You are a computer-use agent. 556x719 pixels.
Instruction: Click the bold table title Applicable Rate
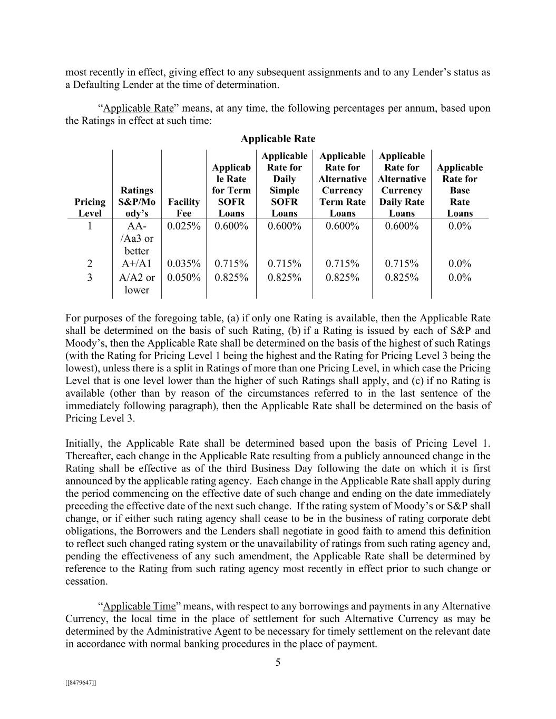click(278, 139)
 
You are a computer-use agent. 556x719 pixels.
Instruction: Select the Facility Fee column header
click(184, 208)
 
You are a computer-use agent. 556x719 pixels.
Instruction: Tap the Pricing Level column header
click(90, 208)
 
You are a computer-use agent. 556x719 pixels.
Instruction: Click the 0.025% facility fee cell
click(184, 226)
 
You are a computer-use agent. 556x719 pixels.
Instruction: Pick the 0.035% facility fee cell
click(184, 263)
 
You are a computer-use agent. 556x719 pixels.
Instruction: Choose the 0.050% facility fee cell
click(184, 277)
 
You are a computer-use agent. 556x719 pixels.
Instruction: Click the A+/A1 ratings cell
click(136, 263)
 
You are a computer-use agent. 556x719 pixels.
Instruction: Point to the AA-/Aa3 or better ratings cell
click(136, 239)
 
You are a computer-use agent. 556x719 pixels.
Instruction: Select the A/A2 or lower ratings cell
click(136, 283)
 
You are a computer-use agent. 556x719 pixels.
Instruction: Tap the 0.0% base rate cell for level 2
click(460, 263)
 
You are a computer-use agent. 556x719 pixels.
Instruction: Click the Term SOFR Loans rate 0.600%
click(231, 226)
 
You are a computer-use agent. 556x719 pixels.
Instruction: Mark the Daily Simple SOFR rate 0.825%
click(285, 277)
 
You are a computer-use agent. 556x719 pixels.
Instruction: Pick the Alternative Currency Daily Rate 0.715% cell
click(402, 263)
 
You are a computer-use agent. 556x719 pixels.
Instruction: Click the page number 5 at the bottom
click(278, 663)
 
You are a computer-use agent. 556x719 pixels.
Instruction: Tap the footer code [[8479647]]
click(81, 683)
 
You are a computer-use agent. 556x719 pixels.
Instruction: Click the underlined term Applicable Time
click(139, 606)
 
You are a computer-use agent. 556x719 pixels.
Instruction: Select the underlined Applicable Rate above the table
click(138, 109)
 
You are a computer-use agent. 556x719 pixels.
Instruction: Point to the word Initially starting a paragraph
click(84, 444)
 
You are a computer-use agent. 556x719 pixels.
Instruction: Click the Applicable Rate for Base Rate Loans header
click(460, 190)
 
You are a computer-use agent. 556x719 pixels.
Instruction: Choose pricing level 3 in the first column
click(90, 277)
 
